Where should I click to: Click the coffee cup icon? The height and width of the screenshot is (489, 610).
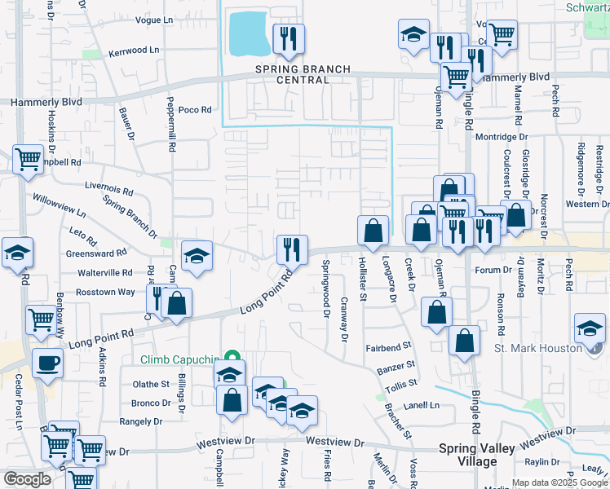47,363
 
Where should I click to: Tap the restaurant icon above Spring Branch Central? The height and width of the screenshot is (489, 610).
288,37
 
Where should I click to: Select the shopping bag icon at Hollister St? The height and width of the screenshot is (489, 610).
373,231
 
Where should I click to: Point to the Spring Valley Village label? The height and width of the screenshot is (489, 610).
479,455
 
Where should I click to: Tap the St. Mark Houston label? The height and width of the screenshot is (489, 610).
538,348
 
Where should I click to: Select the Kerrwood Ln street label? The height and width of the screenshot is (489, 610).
134,51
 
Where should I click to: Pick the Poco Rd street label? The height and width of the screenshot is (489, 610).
195,109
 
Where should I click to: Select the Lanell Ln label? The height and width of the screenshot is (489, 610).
421,405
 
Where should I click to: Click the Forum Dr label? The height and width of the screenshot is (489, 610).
492,270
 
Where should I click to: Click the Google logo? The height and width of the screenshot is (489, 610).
27,479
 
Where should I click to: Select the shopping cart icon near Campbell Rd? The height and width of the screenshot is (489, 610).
28,159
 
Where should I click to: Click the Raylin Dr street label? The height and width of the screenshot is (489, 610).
564,462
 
